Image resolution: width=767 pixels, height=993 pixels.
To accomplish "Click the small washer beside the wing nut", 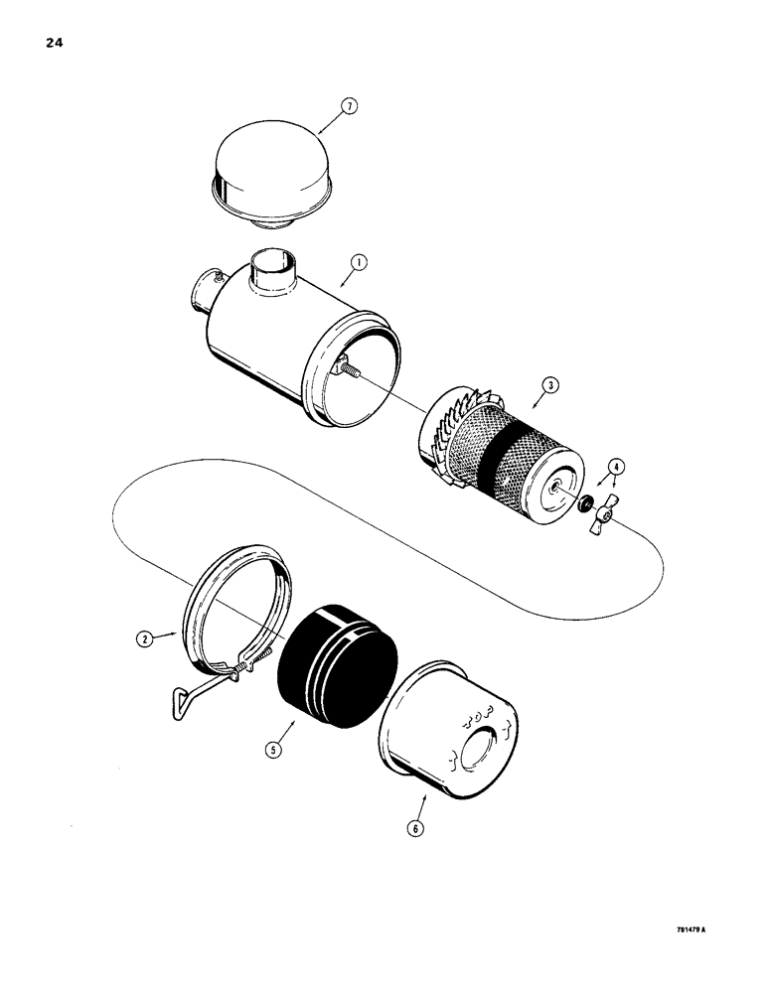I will click(x=583, y=505).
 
